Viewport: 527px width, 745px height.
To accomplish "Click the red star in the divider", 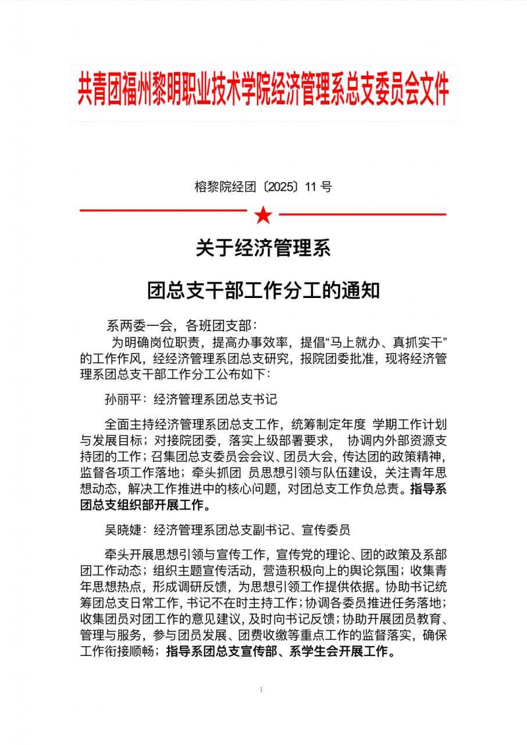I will point(263,215).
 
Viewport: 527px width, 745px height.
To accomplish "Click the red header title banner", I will point(263,92).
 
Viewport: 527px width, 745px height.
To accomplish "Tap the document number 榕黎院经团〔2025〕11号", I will point(263,187).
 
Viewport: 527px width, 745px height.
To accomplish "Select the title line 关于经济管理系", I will point(263,249).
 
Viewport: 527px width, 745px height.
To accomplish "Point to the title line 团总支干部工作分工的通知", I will point(263,290).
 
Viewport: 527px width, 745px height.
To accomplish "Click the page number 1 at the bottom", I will point(262,690).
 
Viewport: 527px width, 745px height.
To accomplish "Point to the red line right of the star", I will point(362,215).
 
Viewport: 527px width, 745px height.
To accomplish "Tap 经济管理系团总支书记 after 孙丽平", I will point(215,399).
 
